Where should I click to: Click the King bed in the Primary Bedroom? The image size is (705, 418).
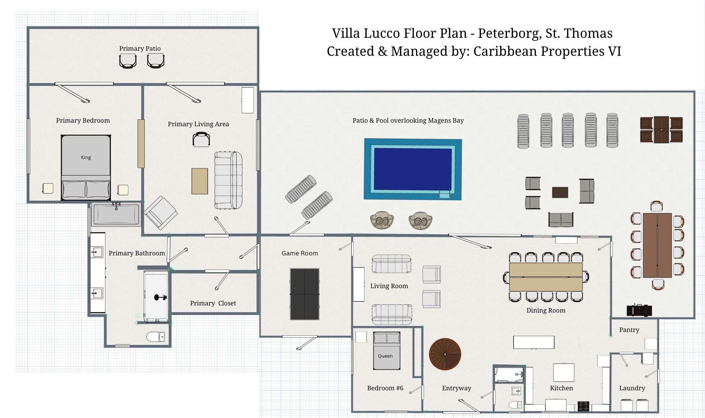pos(86,168)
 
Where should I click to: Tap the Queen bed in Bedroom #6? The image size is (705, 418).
pos(387,351)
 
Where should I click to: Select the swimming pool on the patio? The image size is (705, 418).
pos(413,169)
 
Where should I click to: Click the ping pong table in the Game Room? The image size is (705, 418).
pos(305,294)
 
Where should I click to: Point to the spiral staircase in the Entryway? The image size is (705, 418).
pos(445,354)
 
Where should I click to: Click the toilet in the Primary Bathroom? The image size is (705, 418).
pos(155,337)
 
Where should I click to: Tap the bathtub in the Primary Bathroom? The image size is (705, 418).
pos(116,214)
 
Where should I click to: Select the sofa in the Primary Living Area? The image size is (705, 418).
pos(228,180)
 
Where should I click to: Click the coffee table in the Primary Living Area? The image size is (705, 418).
pos(200,181)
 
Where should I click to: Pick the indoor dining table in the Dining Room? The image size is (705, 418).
pos(546,277)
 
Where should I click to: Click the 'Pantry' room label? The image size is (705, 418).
pos(629,330)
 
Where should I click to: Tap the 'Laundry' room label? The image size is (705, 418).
pos(632,388)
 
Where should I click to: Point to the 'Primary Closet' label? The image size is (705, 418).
pos(213,303)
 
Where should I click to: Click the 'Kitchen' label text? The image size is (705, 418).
pos(561,388)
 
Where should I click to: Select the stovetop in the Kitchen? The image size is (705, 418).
pos(583,406)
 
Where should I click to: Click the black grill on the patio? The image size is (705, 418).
pos(639,310)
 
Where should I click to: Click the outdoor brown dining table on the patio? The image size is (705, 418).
pos(657,245)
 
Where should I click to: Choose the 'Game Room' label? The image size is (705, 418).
pos(300,253)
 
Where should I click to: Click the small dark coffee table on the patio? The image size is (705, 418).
pos(560,192)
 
